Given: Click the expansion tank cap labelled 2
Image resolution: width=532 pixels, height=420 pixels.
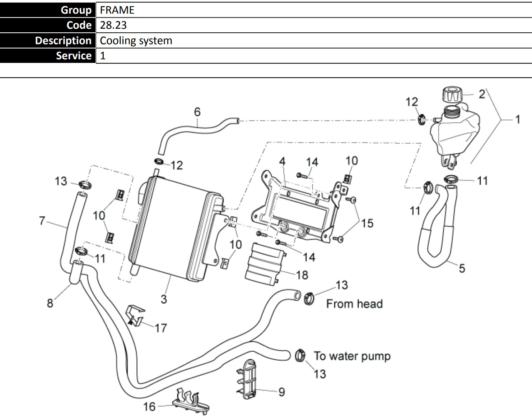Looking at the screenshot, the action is point(452,94).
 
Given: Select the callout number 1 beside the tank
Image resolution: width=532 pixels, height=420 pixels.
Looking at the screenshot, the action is point(518,120).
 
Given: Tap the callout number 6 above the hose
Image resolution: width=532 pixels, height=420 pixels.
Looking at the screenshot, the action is point(197,112).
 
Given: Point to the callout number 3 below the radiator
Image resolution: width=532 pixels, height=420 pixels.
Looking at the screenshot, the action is point(164,299).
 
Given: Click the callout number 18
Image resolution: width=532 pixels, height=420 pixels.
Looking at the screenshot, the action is point(302,275).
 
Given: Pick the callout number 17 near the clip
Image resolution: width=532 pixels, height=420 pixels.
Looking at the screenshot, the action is point(161,328).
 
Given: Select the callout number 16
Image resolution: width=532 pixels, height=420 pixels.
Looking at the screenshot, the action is point(149,407).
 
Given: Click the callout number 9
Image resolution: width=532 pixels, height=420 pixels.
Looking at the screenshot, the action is point(282,392).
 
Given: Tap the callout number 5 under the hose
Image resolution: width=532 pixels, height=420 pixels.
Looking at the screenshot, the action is point(462,268).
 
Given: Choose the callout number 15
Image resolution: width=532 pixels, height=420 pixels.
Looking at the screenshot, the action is point(367,223).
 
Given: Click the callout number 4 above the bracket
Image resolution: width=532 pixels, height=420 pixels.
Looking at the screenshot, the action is point(282,161).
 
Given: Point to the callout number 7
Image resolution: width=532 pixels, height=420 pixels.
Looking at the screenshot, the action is point(42,221).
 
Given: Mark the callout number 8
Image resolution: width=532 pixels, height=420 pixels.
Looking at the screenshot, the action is point(50,303).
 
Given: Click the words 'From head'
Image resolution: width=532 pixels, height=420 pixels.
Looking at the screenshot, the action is point(355,304).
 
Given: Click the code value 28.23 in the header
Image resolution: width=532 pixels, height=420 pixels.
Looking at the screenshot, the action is point(113,25).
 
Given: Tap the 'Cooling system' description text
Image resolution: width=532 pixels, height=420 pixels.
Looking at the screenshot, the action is point(136,41).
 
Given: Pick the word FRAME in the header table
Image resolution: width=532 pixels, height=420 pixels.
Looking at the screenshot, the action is point(117,10).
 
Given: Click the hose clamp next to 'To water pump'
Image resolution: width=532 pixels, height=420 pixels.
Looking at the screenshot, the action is point(300,356).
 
